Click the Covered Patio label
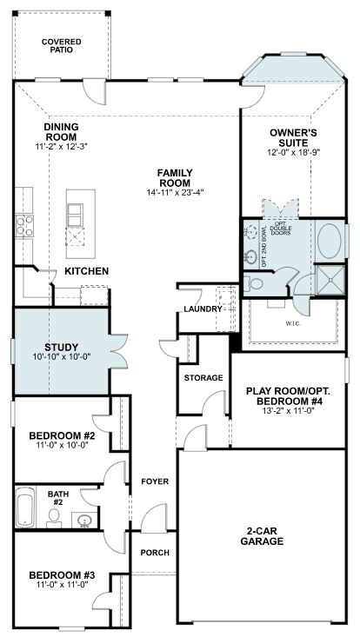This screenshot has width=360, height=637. click(x=62, y=46)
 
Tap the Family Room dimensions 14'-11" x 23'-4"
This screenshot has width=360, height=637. click(x=175, y=193)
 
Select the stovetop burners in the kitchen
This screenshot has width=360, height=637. click(x=24, y=226)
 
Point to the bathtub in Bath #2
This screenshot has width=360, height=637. click(x=25, y=507)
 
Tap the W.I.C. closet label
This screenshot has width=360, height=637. click(x=293, y=324)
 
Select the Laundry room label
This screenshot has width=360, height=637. click(x=202, y=309)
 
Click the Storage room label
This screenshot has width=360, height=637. click(x=203, y=378)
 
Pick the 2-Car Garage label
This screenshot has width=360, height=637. click(x=262, y=537)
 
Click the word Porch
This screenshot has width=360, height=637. click(x=155, y=553)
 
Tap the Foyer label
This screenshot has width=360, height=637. click(x=155, y=481)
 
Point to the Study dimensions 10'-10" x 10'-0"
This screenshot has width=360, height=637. click(x=62, y=356)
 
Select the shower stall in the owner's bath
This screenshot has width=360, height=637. click(x=330, y=280)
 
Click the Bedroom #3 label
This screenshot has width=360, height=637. click(x=62, y=575)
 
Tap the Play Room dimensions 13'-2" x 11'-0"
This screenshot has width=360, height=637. click(x=289, y=410)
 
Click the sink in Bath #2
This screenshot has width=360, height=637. click(x=85, y=520)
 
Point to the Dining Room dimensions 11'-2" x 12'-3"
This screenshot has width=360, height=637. click(x=62, y=146)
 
